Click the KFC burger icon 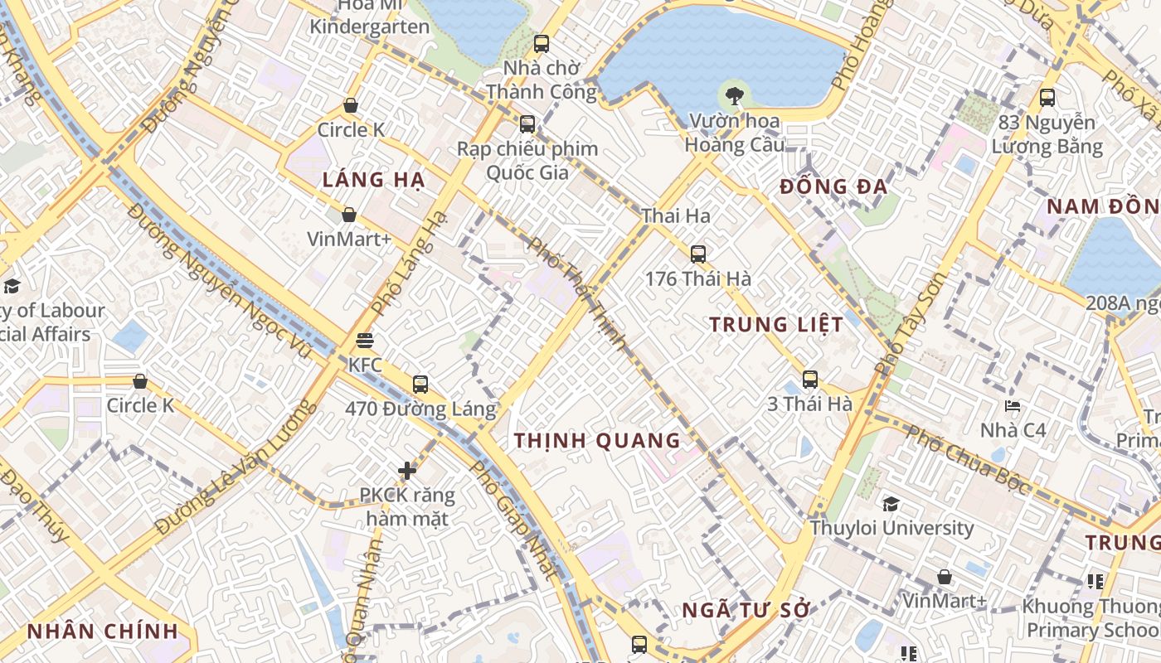[x=364, y=341]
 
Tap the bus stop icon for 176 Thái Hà [x=698, y=254]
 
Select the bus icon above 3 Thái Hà [x=810, y=380]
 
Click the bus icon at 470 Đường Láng [x=420, y=385]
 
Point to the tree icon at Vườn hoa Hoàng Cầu [x=734, y=96]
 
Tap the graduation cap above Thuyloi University [x=891, y=504]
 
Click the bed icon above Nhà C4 [x=1013, y=406]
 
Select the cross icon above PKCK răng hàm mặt [x=407, y=471]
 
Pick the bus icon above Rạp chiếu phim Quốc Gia [x=527, y=124]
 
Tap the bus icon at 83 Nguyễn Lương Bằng [x=1047, y=98]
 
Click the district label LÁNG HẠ [x=373, y=180]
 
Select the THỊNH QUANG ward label [x=597, y=441]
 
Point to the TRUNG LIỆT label [x=776, y=325]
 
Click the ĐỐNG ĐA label [x=833, y=187]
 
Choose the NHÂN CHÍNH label [x=103, y=631]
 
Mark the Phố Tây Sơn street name [x=910, y=322]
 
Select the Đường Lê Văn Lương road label [x=236, y=467]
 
